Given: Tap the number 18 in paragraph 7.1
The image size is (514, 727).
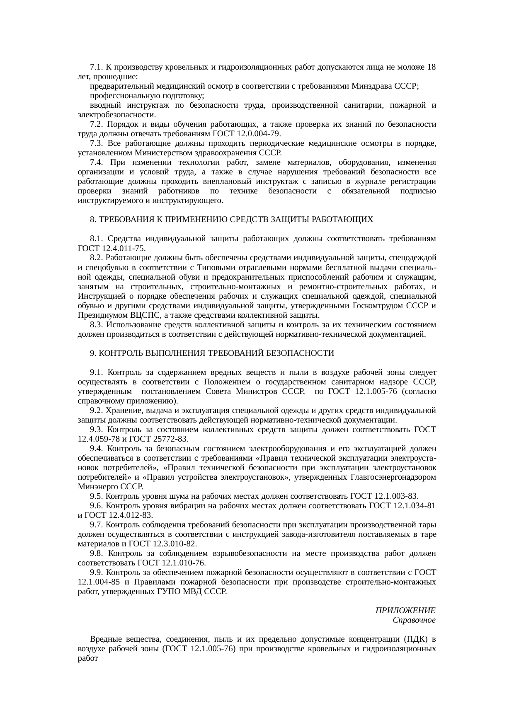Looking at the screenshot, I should point(431,67).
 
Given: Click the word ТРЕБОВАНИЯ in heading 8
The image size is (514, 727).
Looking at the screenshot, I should point(124,220).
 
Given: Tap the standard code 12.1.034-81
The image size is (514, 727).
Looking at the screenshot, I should point(414,506).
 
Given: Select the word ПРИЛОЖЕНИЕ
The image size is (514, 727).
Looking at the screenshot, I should point(405,611).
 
